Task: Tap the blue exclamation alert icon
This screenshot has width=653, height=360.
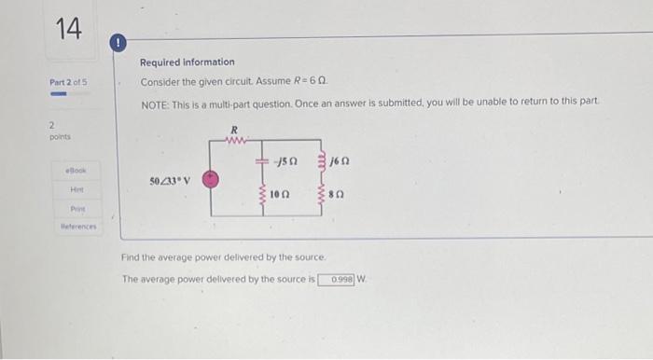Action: point(119,43)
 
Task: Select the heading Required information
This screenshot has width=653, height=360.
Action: point(187,62)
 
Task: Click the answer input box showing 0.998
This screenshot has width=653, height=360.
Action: point(336,278)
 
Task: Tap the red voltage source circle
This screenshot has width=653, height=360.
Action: point(212,179)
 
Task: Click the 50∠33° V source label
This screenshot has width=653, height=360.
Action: point(170,179)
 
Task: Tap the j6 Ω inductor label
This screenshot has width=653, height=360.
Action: point(340,162)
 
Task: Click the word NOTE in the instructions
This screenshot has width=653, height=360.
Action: point(153,101)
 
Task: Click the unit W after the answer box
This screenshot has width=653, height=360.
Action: point(362,278)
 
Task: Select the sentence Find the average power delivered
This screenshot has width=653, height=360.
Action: point(224,256)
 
